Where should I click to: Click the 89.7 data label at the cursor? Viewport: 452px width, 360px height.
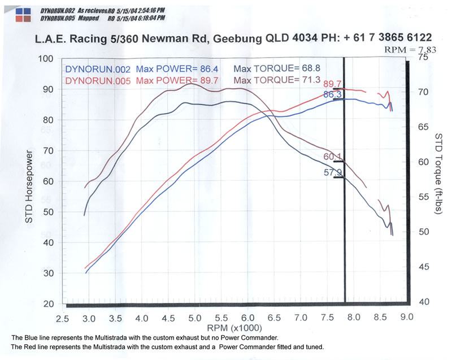[x=332, y=84]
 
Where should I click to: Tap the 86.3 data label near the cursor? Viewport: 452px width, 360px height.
[x=332, y=94]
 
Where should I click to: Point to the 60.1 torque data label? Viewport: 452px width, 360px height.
[x=332, y=157]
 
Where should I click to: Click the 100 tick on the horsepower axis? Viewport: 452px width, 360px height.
[x=45, y=59]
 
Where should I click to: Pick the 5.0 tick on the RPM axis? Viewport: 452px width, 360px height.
[x=195, y=319]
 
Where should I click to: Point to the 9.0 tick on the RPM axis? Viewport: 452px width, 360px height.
[x=406, y=319]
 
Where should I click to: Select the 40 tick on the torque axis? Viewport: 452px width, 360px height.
[x=423, y=302]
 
